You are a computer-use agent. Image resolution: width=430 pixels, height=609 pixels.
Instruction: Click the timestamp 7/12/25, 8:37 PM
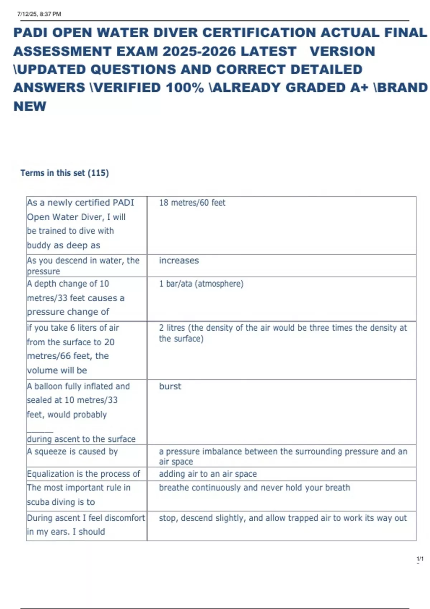39,14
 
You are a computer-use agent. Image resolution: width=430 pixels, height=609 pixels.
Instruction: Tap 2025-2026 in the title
199,51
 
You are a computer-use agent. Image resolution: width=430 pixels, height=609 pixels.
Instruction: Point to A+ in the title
359,88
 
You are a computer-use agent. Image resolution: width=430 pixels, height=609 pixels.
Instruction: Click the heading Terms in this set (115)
64,173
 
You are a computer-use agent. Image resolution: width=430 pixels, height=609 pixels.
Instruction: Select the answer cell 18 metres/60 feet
192,203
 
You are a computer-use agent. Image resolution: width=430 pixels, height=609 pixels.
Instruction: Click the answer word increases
179,260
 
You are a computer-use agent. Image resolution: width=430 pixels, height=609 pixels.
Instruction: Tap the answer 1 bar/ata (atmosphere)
201,284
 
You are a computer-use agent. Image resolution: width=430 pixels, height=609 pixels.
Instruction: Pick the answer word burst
170,386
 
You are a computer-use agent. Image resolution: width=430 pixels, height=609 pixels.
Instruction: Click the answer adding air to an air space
208,474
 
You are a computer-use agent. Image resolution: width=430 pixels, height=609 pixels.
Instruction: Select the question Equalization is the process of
83,474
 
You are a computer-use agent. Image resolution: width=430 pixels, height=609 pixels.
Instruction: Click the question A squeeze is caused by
72,451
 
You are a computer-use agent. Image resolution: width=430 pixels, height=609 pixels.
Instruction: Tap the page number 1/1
420,559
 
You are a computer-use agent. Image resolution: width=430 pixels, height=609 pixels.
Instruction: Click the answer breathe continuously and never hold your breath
254,488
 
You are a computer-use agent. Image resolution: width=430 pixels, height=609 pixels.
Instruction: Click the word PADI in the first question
123,203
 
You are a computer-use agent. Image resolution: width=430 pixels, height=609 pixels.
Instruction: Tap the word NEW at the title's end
30,106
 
